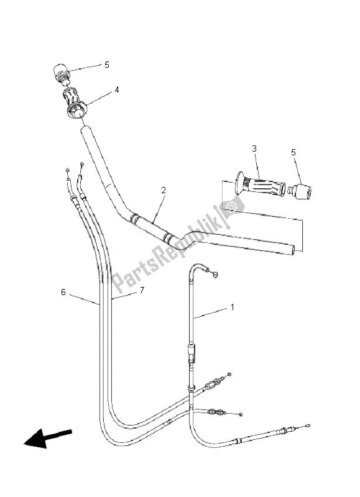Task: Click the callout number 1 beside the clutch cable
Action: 233,307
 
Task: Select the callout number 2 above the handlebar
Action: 164,190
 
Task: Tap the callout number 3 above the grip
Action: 254,148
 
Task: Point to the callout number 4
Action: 116,90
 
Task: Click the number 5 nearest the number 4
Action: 106,64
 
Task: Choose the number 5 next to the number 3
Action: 293,152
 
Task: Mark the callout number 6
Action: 63,291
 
